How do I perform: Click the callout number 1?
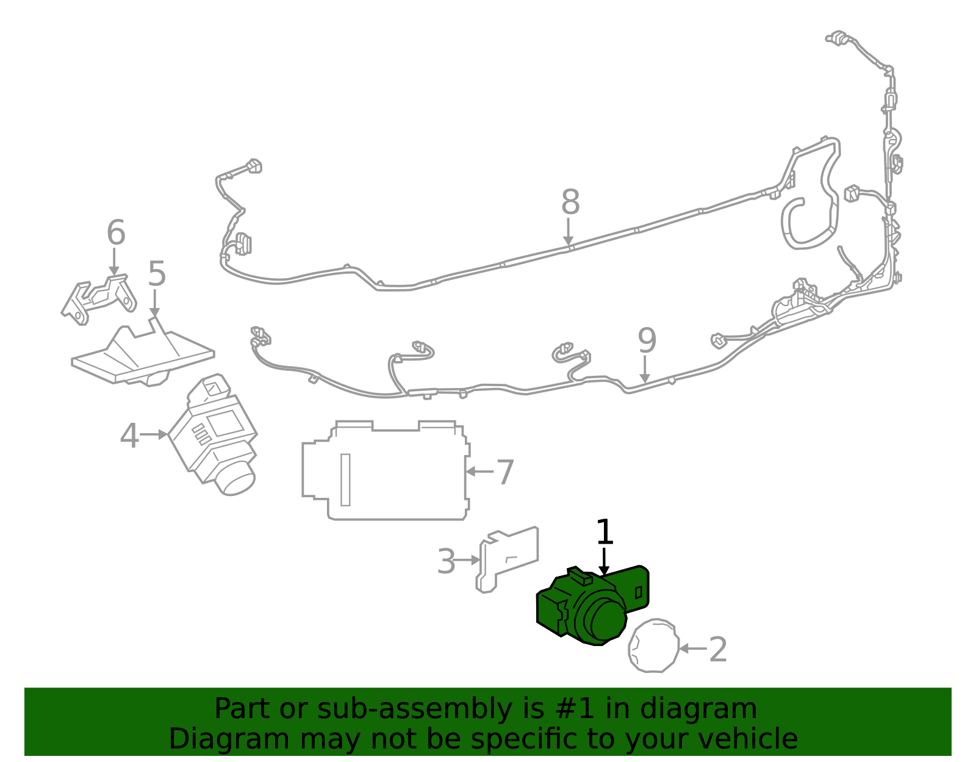(x=604, y=532)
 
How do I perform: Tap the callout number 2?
(x=718, y=650)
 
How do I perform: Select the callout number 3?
(x=447, y=562)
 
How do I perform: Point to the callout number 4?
(x=129, y=436)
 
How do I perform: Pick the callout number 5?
(x=157, y=274)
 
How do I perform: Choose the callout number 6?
(x=116, y=232)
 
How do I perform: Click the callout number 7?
(x=505, y=473)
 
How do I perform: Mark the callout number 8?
(x=570, y=202)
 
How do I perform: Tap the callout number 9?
(x=647, y=340)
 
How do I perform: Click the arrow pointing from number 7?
(x=479, y=472)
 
